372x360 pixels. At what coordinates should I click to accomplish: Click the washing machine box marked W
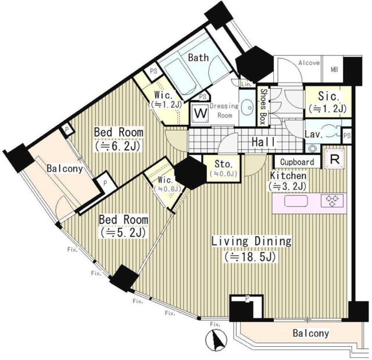pos(201,114)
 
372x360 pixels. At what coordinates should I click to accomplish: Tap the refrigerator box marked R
pos(334,159)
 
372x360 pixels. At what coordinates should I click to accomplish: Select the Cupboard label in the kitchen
pos(297,162)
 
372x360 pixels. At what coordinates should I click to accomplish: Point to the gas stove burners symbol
pos(332,200)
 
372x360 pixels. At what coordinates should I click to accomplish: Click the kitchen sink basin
pos(296,201)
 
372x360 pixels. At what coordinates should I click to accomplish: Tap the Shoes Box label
pos(262,107)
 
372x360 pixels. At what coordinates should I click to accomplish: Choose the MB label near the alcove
pos(334,70)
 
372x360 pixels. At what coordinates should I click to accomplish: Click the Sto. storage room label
pos(222,164)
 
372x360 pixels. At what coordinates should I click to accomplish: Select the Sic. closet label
pos(328,96)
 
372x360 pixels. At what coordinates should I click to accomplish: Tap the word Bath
pos(198,57)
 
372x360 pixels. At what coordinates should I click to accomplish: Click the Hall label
pos(263,142)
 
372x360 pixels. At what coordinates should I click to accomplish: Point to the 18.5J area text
pos(251,257)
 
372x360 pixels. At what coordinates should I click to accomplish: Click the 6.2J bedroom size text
pos(119,146)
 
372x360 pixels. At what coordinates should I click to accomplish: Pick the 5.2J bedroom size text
pos(123,232)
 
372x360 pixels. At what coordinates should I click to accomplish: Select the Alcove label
pos(309,63)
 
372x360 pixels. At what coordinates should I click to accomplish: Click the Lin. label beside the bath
pos(246,84)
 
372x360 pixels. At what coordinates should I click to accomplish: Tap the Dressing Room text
pos(224,111)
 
